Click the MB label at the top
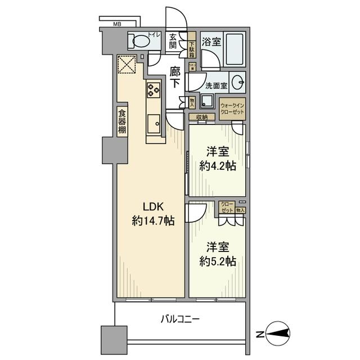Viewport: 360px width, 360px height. tap(117, 24)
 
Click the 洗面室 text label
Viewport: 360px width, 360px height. tap(215, 86)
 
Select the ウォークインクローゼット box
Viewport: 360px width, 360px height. tap(232, 109)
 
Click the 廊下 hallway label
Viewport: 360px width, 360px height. tap(175, 78)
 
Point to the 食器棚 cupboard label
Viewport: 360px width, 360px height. tap(122, 121)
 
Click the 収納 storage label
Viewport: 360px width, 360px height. tap(202, 116)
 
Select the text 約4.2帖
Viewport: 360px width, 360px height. tap(217, 166)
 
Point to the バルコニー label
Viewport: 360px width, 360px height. tap(180, 319)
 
